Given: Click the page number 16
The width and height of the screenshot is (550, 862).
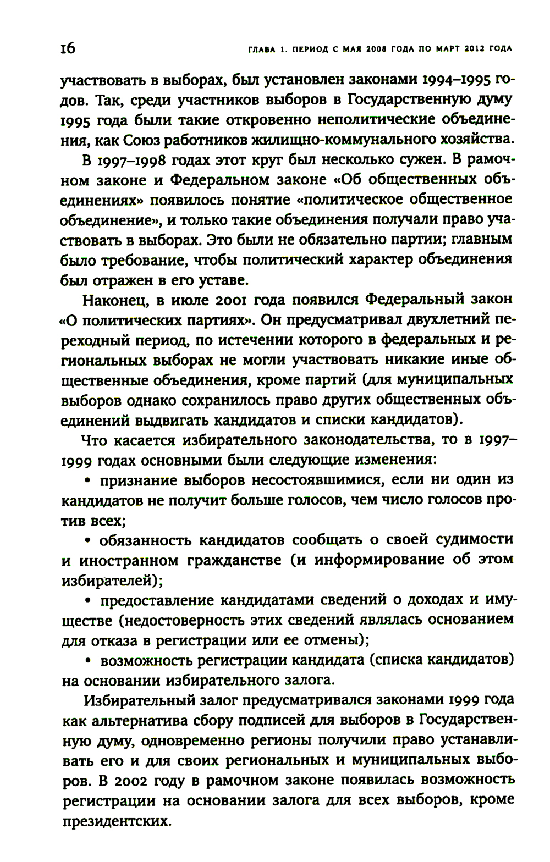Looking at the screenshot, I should pyautogui.click(x=67, y=48).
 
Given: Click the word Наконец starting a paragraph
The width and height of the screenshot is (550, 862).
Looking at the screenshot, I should pyautogui.click(x=115, y=300).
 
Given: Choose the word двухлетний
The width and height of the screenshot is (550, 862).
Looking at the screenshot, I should pyautogui.click(x=447, y=320).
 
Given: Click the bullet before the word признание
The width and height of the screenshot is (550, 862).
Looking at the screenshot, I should pyautogui.click(x=87, y=480).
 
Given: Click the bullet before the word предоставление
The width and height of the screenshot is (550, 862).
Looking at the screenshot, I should pyautogui.click(x=87, y=599).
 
